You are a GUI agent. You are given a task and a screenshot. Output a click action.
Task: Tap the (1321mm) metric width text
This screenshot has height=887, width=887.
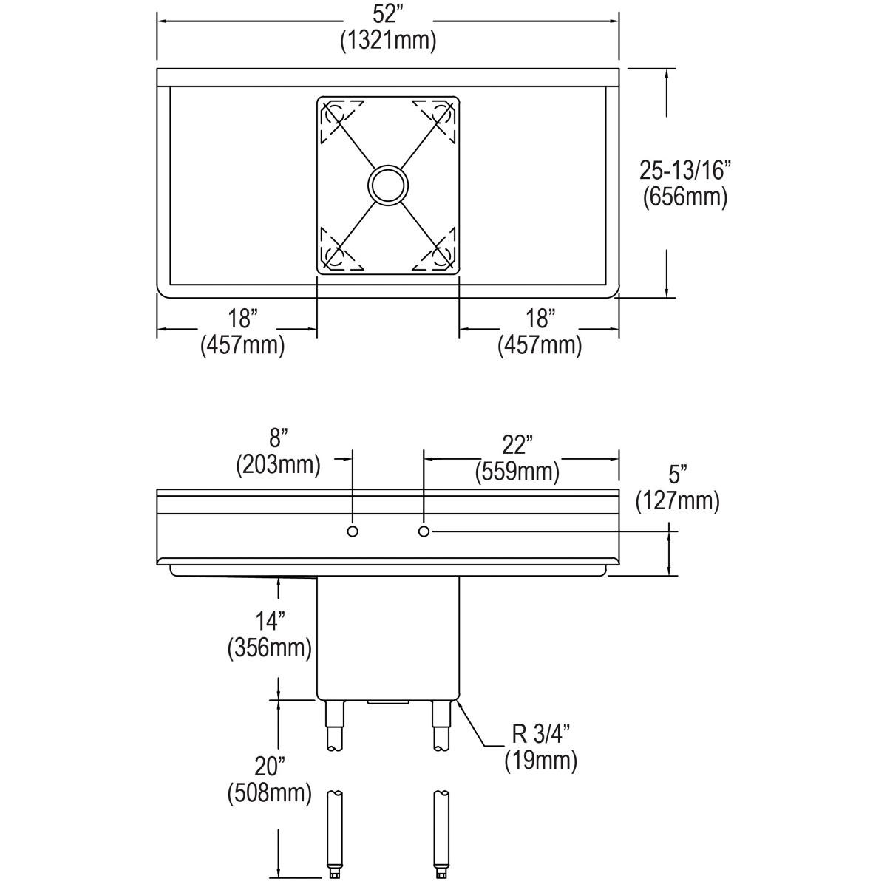click(x=387, y=41)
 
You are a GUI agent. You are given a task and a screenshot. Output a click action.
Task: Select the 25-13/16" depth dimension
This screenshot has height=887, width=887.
click(x=684, y=171)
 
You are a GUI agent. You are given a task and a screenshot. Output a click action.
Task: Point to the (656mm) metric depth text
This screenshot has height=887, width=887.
click(x=684, y=197)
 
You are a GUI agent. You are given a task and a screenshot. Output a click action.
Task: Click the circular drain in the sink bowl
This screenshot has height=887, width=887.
click(x=388, y=185)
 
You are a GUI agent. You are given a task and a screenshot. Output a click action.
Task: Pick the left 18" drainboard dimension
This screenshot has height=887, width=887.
click(x=242, y=320)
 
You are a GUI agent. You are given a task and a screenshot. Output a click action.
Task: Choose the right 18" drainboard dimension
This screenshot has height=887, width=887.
click(x=540, y=320)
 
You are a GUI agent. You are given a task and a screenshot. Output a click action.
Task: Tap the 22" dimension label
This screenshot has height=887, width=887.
click(x=517, y=445)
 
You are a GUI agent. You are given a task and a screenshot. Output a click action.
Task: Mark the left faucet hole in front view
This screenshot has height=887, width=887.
click(x=353, y=531)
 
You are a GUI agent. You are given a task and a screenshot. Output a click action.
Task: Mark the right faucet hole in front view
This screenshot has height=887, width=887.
click(x=424, y=531)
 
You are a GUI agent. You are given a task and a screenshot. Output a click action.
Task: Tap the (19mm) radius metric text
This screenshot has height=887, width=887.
click(x=540, y=761)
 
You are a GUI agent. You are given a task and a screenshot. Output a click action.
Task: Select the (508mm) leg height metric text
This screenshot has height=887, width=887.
click(x=268, y=794)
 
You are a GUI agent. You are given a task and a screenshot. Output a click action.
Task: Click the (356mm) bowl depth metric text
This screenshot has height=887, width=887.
click(x=268, y=648)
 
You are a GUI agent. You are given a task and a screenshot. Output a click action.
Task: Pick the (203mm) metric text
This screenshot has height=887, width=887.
click(x=278, y=466)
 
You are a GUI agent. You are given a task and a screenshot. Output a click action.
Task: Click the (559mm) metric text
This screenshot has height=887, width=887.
click(x=517, y=470)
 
